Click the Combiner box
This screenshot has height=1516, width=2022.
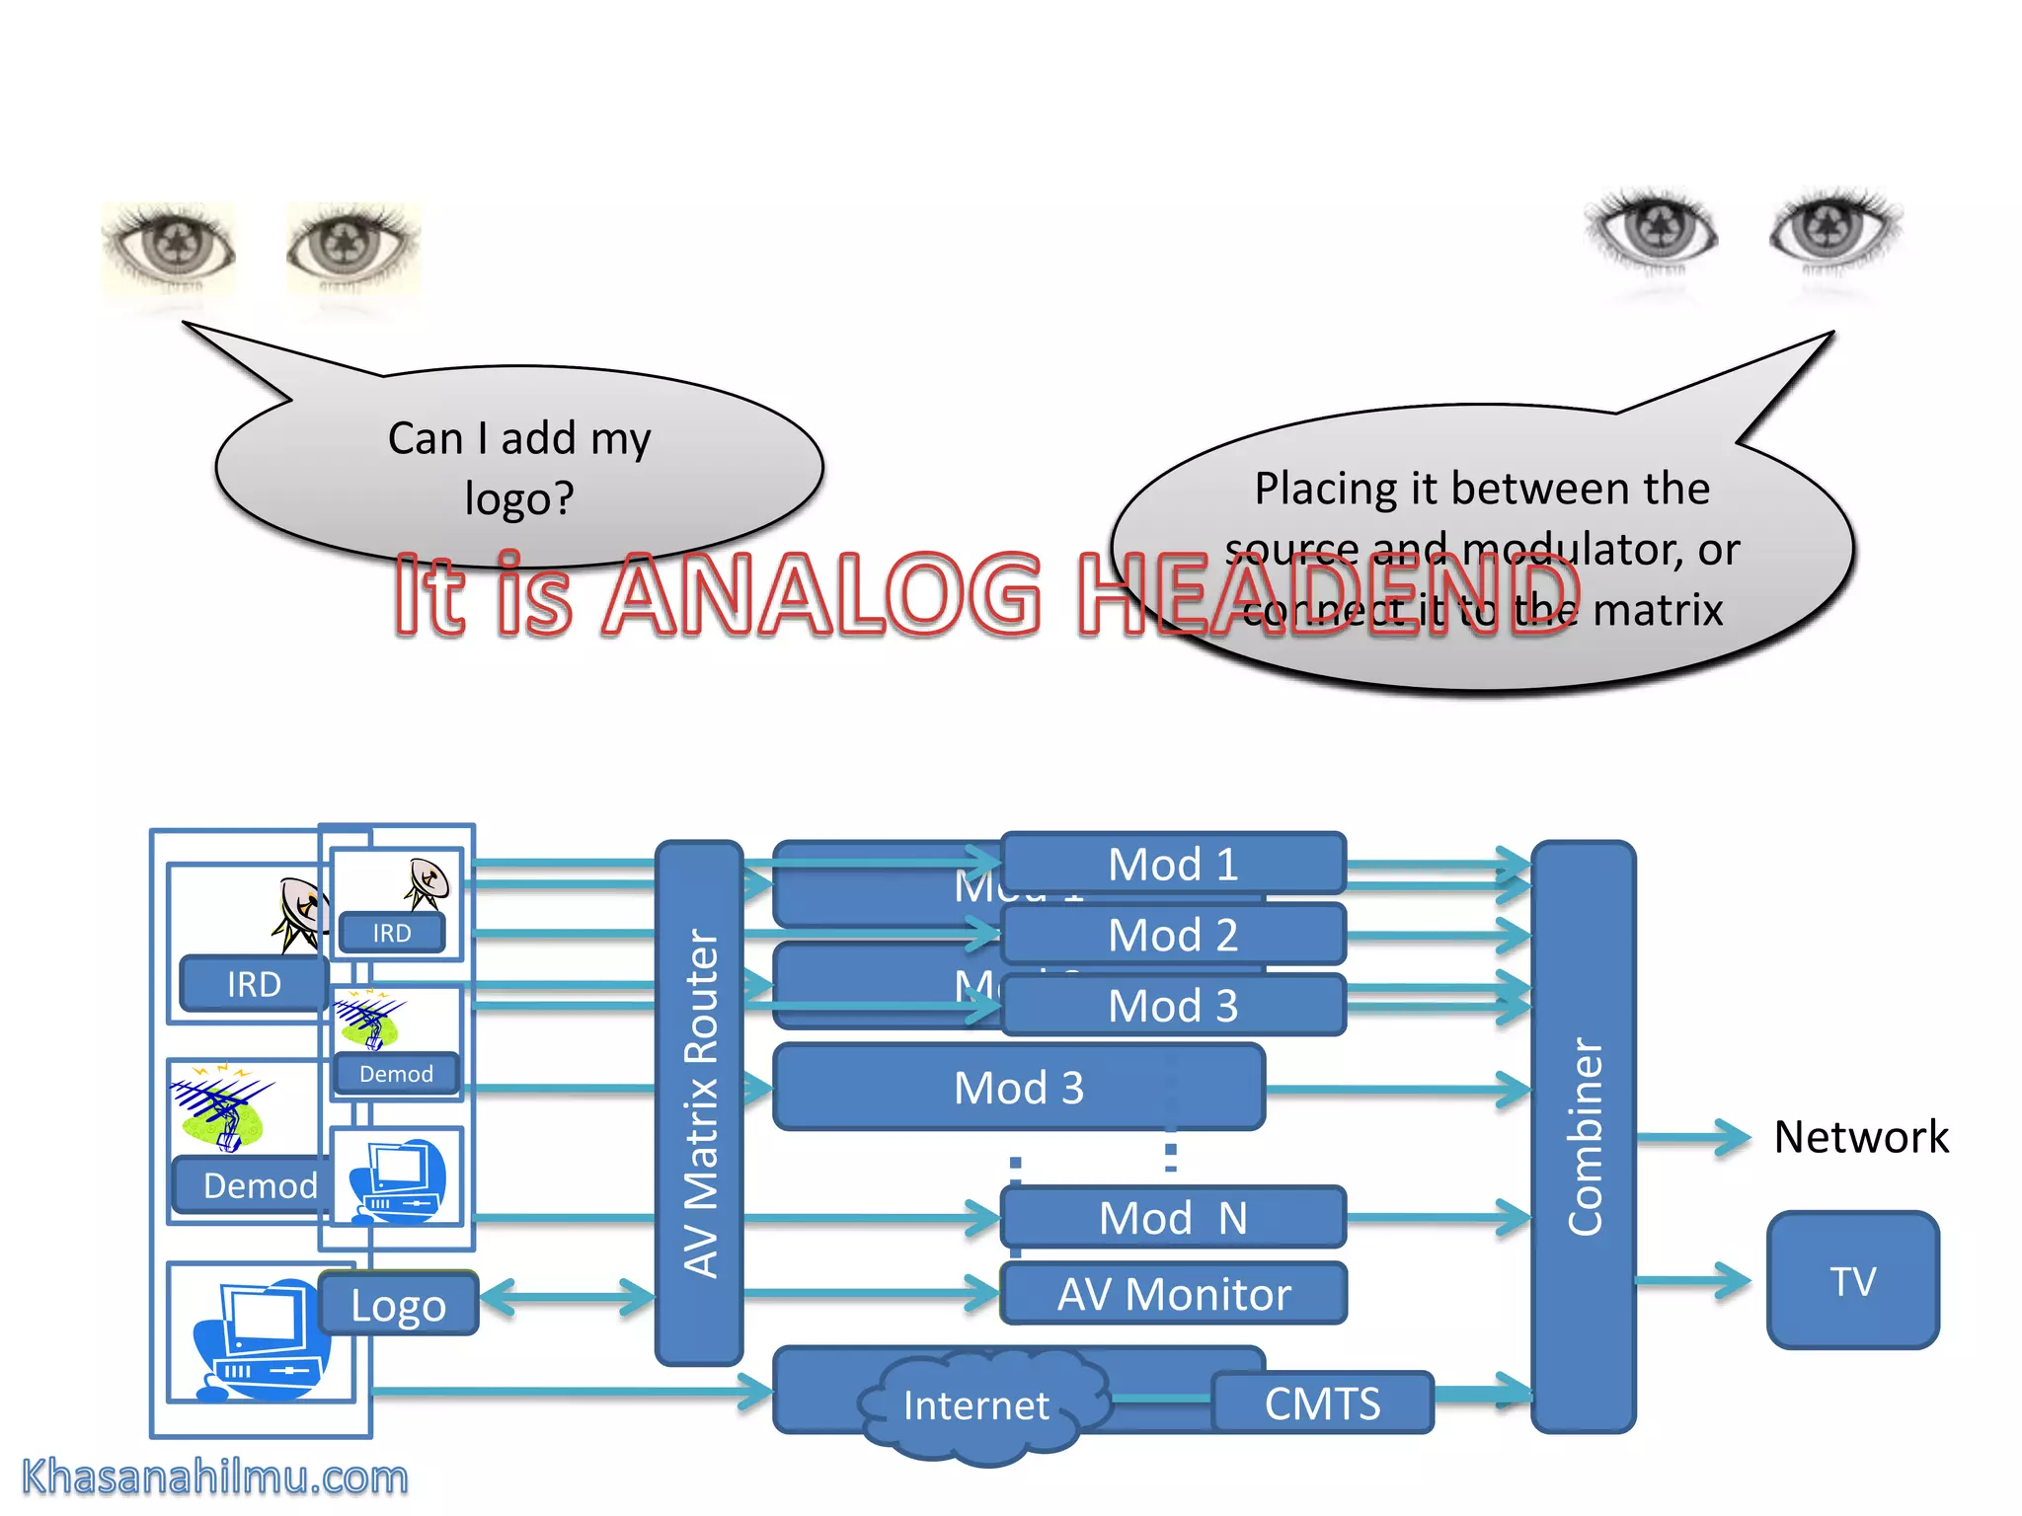(x=1583, y=1135)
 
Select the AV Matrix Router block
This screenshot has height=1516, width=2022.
(x=699, y=1101)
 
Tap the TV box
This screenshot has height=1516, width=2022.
(x=1852, y=1280)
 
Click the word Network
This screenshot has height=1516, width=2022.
(x=1860, y=1137)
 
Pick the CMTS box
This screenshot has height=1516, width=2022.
(x=1322, y=1402)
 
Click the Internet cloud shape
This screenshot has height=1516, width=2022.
(x=975, y=1405)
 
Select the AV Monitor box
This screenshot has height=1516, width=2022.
(x=1173, y=1294)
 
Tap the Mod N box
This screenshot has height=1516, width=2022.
(x=1173, y=1218)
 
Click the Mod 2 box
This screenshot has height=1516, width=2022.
(x=1173, y=935)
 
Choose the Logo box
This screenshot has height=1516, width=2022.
(x=399, y=1304)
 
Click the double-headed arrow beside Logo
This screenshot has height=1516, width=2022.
(x=568, y=1297)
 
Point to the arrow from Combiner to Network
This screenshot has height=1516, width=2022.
(x=1692, y=1138)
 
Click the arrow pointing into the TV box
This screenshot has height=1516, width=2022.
(x=1692, y=1281)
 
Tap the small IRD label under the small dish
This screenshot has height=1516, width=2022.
(x=392, y=933)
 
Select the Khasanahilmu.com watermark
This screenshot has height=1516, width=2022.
(x=214, y=1478)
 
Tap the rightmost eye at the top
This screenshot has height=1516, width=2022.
(x=1834, y=229)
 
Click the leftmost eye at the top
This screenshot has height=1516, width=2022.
(x=170, y=246)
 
